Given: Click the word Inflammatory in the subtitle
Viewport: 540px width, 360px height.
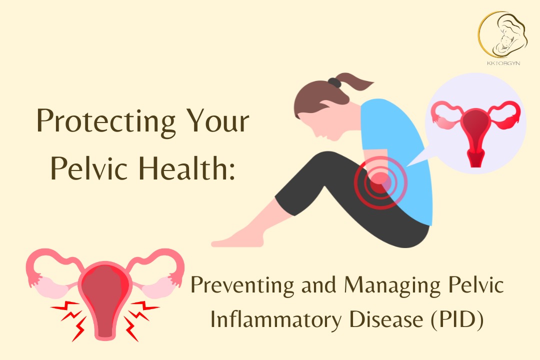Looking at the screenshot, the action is pos(275,320).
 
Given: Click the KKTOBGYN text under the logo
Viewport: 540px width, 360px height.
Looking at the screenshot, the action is pos(503,63).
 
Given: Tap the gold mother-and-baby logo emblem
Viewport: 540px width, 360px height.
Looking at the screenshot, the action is pos(503,35).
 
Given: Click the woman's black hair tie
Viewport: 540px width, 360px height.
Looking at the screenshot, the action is pos(334,82).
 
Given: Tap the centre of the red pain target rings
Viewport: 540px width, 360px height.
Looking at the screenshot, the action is pos(380,181).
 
